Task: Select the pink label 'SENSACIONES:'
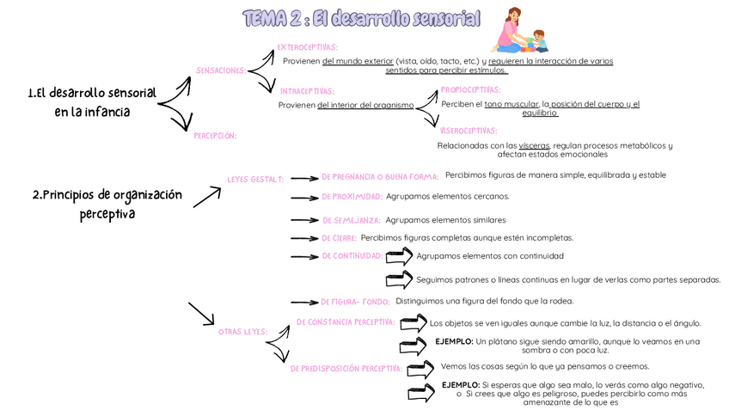point(221,70)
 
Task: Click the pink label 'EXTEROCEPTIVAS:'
point(307,47)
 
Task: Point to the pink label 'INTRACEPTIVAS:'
point(307,90)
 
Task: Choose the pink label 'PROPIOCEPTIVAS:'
point(470,89)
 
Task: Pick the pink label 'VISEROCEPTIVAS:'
point(469,131)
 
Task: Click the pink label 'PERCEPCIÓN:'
point(215,136)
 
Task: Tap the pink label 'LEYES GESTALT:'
point(254,179)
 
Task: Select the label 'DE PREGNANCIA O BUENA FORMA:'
point(380,177)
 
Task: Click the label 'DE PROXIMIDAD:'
point(352,196)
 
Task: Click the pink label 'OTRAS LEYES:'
point(243,331)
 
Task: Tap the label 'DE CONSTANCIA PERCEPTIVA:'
point(346,322)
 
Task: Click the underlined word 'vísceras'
point(534,146)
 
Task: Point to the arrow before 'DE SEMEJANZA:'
point(303,221)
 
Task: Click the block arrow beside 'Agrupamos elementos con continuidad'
point(400,256)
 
